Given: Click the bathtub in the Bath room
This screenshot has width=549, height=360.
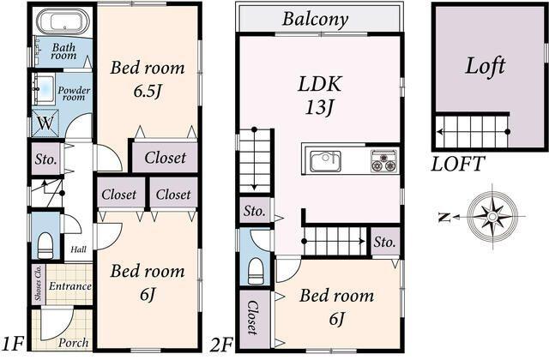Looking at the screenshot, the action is click(63, 21).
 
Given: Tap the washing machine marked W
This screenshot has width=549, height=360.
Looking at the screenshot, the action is click(45, 123).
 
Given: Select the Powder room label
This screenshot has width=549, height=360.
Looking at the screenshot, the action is click(74, 93).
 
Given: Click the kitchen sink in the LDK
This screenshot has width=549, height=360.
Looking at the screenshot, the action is click(325, 161).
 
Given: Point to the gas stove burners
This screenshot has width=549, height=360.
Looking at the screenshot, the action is click(384, 161).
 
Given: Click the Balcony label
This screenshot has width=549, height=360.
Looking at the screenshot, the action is click(315, 19).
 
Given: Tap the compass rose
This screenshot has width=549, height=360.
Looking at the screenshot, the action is click(492, 217).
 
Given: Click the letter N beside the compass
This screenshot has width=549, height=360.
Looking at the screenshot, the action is click(444, 217).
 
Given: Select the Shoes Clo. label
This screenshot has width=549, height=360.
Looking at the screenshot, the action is click(38, 284).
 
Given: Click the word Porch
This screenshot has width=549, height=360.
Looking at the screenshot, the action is click(73, 343).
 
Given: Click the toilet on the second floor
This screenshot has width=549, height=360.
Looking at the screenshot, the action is click(256, 272).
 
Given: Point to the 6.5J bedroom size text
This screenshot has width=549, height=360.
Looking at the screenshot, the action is click(148, 92).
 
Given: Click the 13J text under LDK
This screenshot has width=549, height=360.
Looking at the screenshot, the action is click(319, 107).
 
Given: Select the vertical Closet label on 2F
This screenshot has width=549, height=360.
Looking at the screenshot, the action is click(254, 318).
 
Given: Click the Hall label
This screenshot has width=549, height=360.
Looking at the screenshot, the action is click(78, 249).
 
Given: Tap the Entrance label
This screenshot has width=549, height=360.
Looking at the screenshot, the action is click(70, 286).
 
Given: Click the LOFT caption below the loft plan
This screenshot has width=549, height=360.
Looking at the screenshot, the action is click(458, 164).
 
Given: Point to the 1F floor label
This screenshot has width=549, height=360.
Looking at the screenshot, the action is click(14, 344).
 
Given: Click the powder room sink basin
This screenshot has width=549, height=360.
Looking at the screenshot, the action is click(44, 89).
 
